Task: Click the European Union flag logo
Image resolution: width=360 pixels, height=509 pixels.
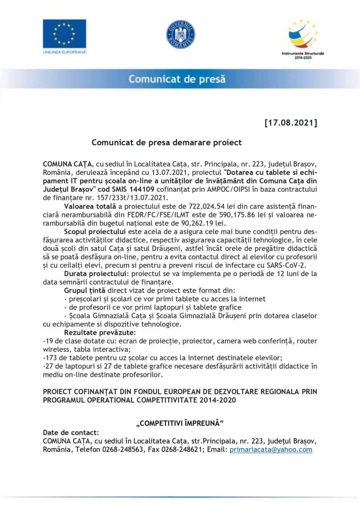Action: tap(64, 34)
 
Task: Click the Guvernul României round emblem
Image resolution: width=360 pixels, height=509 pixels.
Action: tap(180, 35)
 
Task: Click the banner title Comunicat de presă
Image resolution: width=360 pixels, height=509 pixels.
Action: tap(177, 79)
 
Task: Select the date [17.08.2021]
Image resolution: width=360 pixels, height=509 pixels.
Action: tap(291, 123)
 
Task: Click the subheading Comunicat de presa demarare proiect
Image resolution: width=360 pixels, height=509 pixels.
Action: tap(167, 143)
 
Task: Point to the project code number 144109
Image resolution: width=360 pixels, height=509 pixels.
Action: tap(143, 189)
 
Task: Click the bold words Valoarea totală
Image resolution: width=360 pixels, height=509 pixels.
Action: tap(90, 207)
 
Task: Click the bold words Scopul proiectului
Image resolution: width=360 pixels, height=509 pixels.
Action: tap(95, 232)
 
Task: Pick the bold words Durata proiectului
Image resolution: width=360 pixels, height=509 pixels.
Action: tap(96, 274)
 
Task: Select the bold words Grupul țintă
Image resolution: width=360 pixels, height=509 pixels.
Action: tap(84, 290)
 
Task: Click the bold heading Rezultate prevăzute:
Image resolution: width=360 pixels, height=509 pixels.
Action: tap(100, 333)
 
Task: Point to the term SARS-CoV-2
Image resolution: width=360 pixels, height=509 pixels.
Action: tap(287, 265)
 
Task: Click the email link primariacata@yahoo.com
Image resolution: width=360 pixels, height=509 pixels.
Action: tap(271, 450)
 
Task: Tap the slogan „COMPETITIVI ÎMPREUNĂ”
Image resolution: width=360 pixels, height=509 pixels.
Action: tap(180, 423)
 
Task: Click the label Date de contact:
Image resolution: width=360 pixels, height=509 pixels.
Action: tap(71, 433)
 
